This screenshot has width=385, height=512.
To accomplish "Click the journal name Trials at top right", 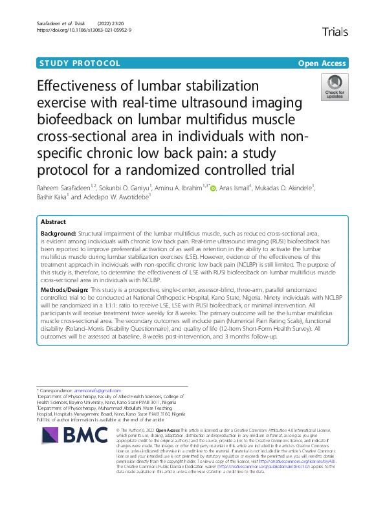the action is pos(334,32).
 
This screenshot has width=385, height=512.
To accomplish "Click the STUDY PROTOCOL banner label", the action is pos(80,63).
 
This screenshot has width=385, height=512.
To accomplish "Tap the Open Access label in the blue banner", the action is pos(322,63).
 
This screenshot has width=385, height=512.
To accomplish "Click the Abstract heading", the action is pos(54,221).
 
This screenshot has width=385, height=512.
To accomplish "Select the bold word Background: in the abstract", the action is pos(58,232).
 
